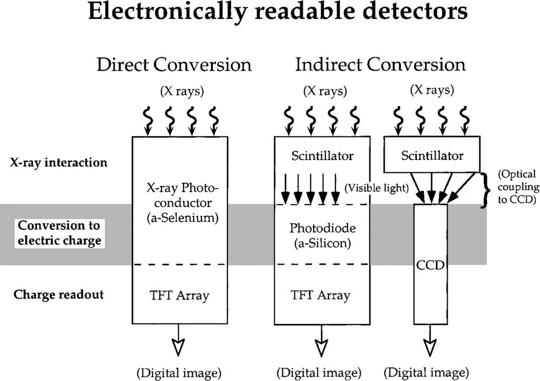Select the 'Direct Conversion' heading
coord(173,65)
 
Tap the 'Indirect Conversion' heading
coord(380,65)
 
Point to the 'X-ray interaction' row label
coord(59,162)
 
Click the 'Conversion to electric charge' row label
coord(59,233)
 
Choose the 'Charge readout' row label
coord(59,294)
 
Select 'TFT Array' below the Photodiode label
coord(320,295)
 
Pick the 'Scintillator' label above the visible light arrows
coord(322,156)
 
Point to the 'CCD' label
coord(430,266)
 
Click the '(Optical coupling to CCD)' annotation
coord(517,187)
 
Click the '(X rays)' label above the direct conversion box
coord(181,91)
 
